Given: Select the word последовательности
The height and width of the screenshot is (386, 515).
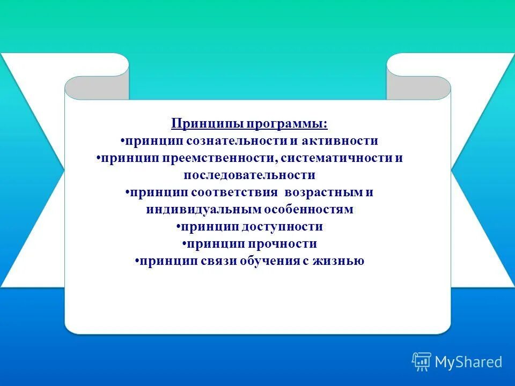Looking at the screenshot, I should [x=249, y=175].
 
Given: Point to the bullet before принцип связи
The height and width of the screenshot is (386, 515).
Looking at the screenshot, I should [x=137, y=262].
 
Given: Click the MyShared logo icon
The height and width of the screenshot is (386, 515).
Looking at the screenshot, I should [x=422, y=362].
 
